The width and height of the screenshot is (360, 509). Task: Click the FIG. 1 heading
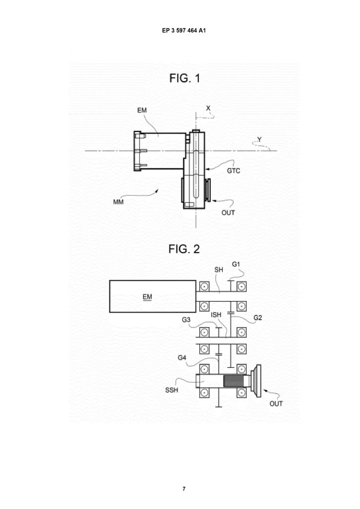(184, 78)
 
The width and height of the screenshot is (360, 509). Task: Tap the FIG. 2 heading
(184, 249)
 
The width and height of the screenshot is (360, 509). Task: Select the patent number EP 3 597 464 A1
(184, 30)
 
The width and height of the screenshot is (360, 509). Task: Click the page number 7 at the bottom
(184, 489)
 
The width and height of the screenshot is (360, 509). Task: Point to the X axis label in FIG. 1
(208, 108)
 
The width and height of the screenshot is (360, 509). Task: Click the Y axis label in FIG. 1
(260, 140)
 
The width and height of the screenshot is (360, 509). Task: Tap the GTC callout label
(233, 171)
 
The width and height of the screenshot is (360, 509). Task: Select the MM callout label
(118, 202)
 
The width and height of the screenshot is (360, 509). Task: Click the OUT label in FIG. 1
(228, 213)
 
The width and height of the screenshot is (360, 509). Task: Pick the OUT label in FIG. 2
(276, 404)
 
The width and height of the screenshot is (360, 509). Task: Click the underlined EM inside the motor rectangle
(147, 297)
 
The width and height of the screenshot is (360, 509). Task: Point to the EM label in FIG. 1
(142, 110)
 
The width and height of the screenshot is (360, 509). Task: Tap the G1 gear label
(236, 264)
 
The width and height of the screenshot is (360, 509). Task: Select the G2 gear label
(258, 318)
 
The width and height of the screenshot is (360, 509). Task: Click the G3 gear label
(186, 320)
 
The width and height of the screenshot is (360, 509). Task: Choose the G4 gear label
(182, 358)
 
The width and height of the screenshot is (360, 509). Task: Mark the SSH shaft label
(172, 390)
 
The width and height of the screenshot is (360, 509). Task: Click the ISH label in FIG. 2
(216, 315)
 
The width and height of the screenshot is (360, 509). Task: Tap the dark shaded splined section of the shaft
(233, 381)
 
